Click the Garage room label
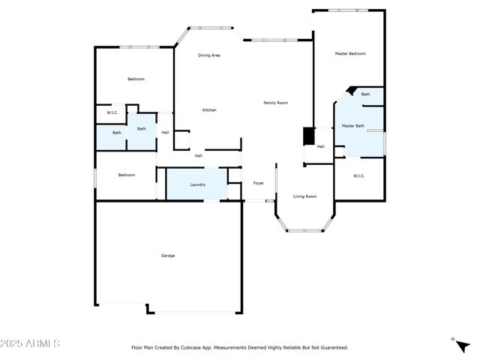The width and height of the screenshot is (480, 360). [168, 256]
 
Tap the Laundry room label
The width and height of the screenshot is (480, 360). [198, 184]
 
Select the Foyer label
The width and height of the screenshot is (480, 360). [258, 183]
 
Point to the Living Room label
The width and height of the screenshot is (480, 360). [304, 196]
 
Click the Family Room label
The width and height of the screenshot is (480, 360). [275, 103]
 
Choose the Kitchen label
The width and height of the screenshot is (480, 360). [209, 110]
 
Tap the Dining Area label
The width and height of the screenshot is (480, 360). [209, 55]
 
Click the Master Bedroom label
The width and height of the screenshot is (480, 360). [350, 53]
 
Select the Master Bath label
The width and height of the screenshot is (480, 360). [353, 126]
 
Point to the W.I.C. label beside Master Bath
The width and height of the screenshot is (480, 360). [358, 175]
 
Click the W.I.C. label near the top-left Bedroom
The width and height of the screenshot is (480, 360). [112, 112]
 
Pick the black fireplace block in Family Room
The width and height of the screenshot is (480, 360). [307, 136]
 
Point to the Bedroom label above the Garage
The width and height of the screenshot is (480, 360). [127, 175]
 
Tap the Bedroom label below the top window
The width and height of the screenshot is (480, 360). [136, 79]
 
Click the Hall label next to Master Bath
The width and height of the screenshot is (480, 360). [320, 146]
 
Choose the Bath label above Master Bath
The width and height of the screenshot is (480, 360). [365, 94]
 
